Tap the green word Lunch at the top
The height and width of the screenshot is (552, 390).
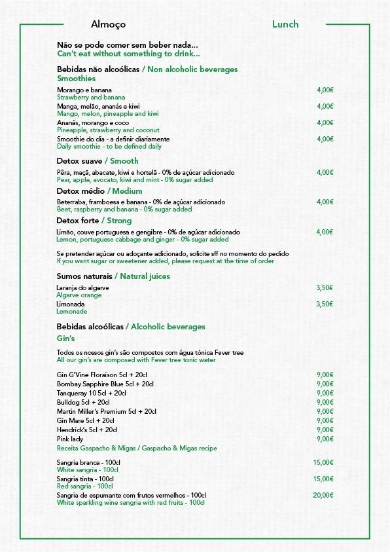pos(285,24)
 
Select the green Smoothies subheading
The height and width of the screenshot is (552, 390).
pos(77,79)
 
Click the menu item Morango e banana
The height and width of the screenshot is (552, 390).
pos(84,90)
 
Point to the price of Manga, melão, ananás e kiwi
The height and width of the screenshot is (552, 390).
pos(325,106)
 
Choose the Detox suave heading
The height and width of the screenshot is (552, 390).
pos(80,160)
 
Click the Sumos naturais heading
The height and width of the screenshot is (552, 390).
pos(87,276)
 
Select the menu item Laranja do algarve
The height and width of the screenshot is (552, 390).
pos(83,287)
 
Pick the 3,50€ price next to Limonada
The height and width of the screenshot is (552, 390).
pos(325,304)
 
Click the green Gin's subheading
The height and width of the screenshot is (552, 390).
pos(66,338)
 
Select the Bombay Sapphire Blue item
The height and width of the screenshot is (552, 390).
pos(96,384)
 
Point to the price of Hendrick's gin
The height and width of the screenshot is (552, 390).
pos(325,430)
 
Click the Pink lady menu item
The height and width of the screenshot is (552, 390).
pos(70,439)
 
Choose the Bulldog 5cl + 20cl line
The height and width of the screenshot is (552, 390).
pos(83,402)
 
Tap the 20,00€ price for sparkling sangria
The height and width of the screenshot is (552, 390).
pos(323,495)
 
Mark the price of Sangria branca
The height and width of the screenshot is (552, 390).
pos(323,462)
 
